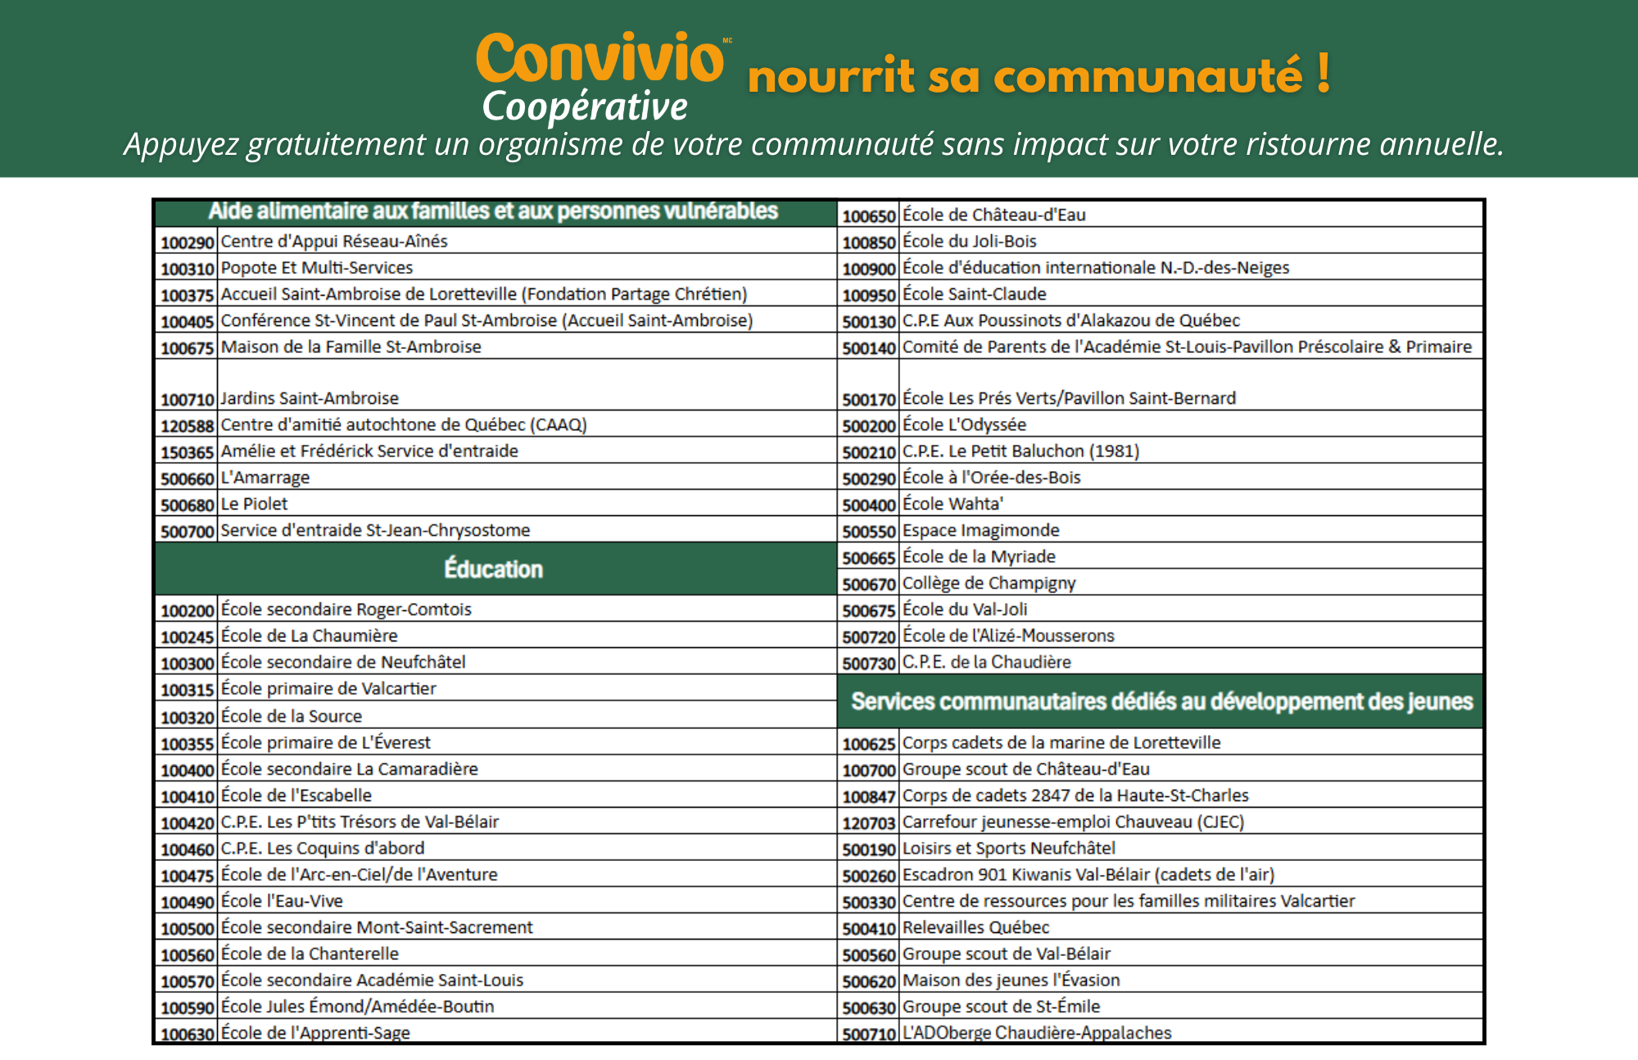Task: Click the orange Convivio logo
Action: (600, 59)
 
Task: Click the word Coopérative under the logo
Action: (585, 107)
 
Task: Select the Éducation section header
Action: (493, 569)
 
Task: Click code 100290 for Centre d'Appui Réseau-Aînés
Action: (187, 242)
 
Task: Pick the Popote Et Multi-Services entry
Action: (317, 268)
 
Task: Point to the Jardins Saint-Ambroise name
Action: (310, 398)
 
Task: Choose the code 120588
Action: (187, 426)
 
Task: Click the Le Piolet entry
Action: (255, 504)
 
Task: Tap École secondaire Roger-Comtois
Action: (346, 609)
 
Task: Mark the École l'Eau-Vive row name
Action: (282, 901)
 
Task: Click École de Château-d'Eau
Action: (993, 215)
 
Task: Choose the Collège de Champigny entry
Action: (989, 583)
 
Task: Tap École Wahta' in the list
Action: (952, 504)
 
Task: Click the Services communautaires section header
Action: (1161, 702)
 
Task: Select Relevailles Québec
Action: (975, 927)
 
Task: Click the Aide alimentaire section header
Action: (493, 212)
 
